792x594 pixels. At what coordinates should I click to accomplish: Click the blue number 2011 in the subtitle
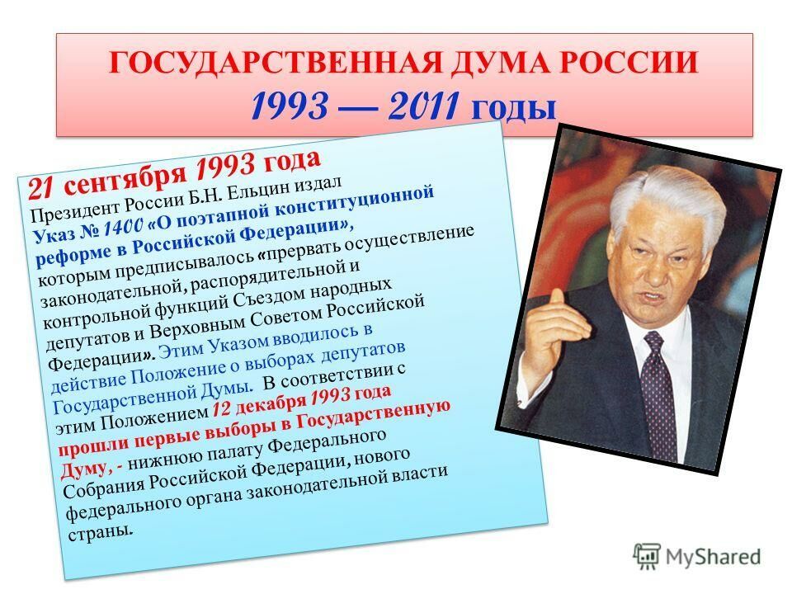424,106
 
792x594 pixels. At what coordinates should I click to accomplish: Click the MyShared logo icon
647,557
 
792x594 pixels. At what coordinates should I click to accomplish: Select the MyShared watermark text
713,557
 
